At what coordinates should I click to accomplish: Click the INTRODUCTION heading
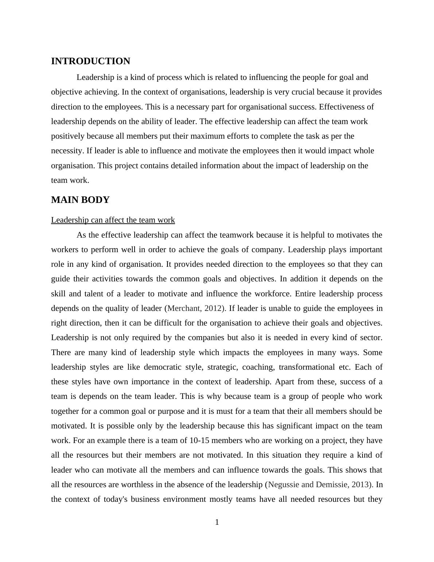click(x=90, y=61)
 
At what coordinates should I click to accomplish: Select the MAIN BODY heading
click(x=80, y=200)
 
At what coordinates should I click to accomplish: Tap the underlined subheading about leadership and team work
click(x=113, y=220)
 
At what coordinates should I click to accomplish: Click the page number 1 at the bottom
click(x=217, y=522)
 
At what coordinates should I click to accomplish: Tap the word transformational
click(x=306, y=367)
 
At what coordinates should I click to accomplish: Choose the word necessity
click(x=67, y=151)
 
